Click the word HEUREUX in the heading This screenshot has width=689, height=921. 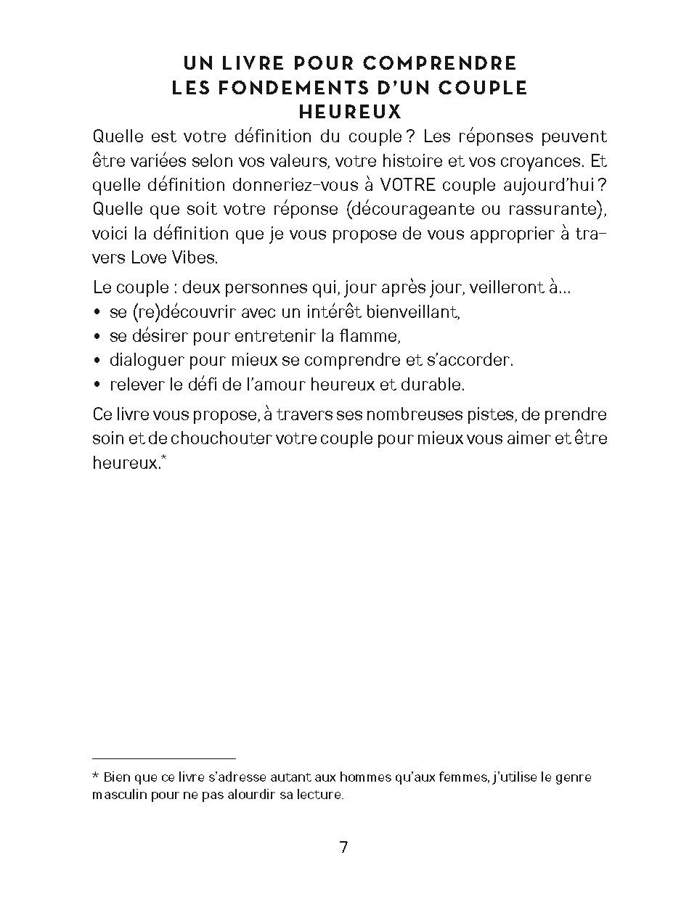349,112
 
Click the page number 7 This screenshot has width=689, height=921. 344,847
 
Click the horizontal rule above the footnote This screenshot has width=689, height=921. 165,758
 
